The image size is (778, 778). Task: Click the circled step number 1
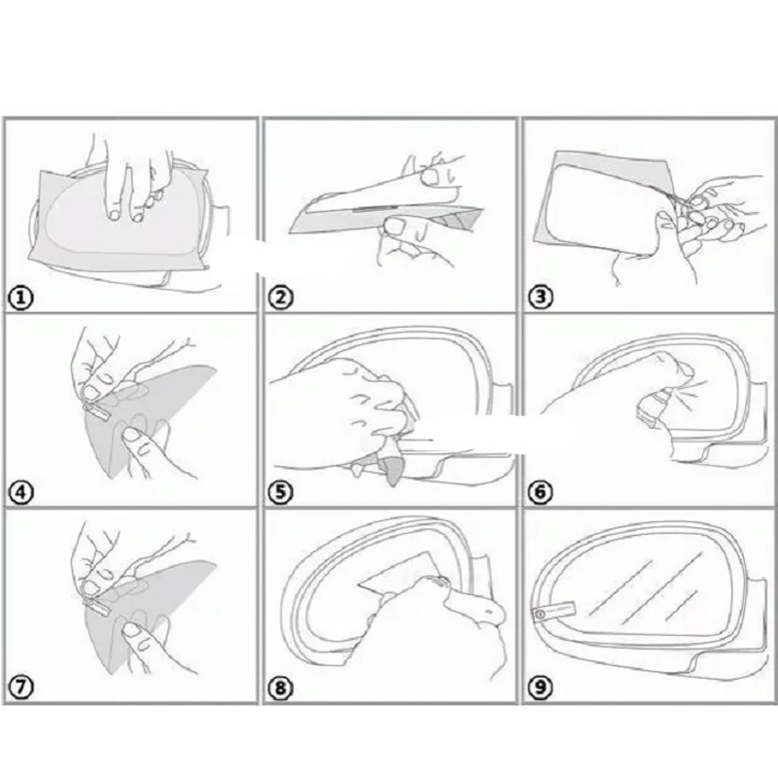click(20, 299)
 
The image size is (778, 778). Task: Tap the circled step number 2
click(280, 298)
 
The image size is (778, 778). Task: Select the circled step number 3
click(541, 297)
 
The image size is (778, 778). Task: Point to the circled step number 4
click(20, 493)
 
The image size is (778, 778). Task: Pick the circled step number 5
click(280, 492)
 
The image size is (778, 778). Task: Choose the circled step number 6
click(541, 492)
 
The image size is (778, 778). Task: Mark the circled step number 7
click(20, 688)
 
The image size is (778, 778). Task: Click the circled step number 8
click(280, 688)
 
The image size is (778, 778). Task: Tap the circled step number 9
click(541, 688)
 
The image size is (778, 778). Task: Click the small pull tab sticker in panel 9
click(554, 611)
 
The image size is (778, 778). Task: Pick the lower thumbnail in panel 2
click(396, 227)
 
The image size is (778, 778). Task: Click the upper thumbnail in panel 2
click(429, 176)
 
